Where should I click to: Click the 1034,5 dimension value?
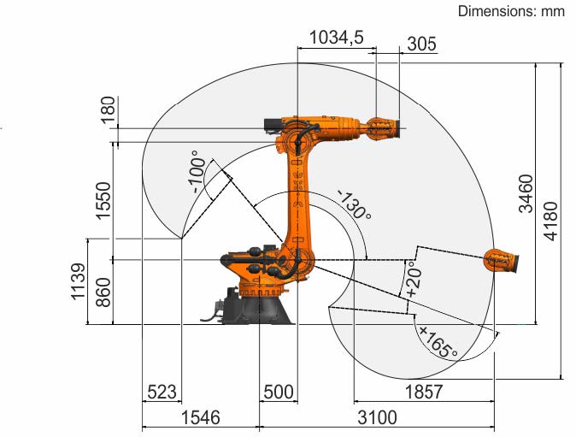pos(336,37)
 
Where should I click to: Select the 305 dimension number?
pos(421,44)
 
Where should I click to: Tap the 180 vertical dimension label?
pos(109,110)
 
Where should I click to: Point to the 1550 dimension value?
pos(103,201)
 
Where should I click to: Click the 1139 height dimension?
pos(79,282)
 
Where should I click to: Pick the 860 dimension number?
pos(103,292)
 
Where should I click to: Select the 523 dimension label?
pos(162,392)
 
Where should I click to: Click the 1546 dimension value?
pos(201,417)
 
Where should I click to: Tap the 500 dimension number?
pos(279,392)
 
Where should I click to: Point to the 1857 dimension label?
pos(424,392)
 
